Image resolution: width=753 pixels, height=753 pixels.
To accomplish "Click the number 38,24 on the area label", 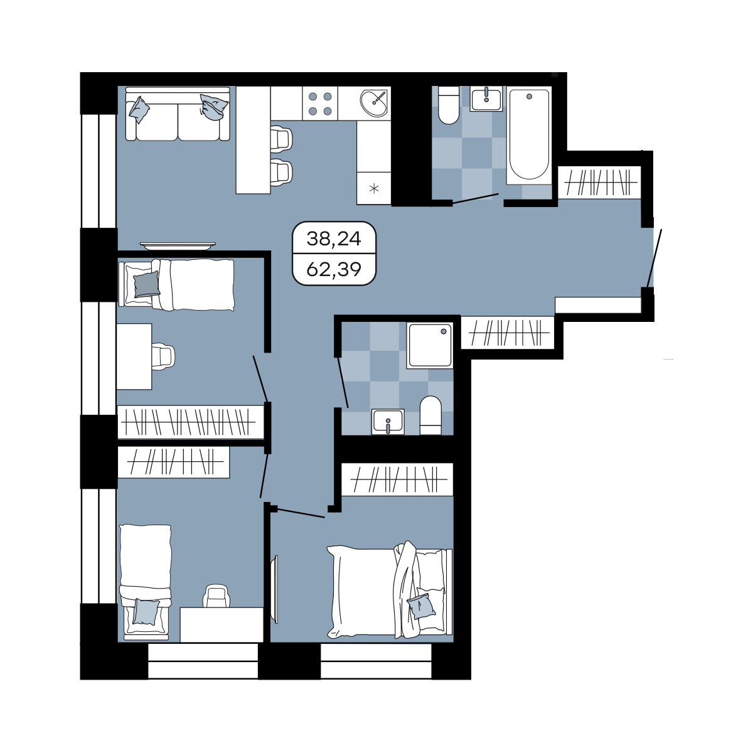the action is tap(334, 238).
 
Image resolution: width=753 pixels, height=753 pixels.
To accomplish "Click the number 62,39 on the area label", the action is tap(334, 269).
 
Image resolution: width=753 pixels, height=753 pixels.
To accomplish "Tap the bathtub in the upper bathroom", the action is tap(529, 135).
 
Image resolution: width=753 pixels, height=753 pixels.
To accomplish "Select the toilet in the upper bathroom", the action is tap(449, 105).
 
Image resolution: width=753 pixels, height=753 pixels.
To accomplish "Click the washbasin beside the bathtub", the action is tap(486, 99).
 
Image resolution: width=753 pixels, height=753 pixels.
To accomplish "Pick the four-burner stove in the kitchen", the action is tap(320, 104).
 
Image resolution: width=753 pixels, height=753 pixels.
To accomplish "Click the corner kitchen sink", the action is tap(373, 103).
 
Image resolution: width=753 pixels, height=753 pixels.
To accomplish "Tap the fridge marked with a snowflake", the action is tap(374, 188).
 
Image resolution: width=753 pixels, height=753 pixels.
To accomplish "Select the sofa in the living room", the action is tap(178, 114).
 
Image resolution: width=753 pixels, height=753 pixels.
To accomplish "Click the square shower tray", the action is tap(430, 345).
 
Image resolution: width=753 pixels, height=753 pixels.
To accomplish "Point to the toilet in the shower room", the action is tap(430, 415).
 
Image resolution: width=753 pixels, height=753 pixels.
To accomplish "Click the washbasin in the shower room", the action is tap(388, 422).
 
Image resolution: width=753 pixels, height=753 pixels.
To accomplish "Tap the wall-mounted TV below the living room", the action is tap(178, 245).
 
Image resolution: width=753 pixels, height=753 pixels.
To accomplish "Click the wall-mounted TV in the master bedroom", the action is tap(275, 590).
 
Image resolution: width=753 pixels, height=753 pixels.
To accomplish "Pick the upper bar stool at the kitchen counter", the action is tap(281, 139).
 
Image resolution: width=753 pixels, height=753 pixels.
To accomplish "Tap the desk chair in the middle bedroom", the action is tap(163, 356).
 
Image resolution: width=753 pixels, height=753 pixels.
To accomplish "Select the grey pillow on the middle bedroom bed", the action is tap(147, 284).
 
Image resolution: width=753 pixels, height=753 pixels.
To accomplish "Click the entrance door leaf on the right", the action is tap(654, 259).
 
